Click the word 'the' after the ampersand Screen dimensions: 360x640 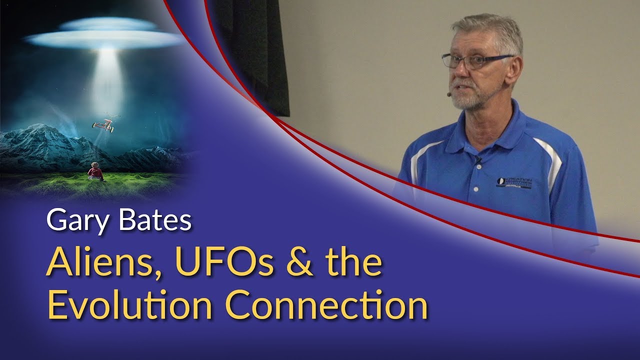click(x=357, y=264)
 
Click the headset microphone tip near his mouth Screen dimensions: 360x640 click(x=448, y=93)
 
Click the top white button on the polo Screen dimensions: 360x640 click(x=475, y=174)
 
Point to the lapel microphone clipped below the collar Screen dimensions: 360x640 click(x=478, y=160)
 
